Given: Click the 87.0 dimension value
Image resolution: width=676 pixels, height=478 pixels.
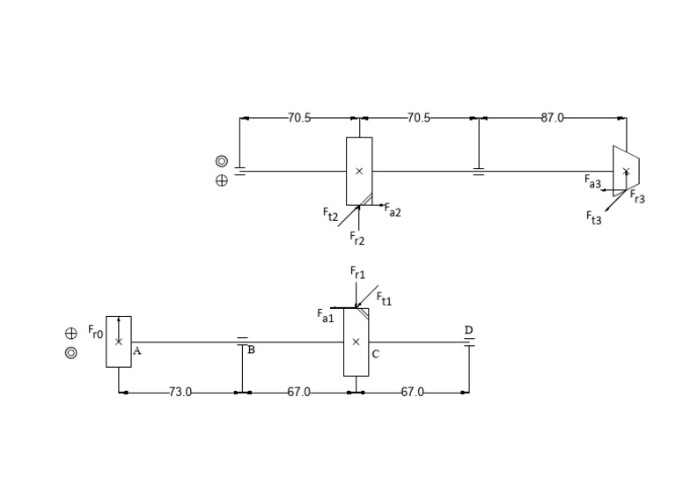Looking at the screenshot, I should [x=552, y=118].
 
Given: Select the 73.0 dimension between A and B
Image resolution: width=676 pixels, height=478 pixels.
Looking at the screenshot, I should [x=180, y=392].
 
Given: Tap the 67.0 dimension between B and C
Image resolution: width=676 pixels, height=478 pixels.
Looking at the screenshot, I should [x=298, y=392].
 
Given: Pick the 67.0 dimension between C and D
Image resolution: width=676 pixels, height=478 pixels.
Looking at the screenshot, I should [x=412, y=392].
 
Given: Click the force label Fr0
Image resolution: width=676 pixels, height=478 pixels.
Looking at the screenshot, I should [x=95, y=334].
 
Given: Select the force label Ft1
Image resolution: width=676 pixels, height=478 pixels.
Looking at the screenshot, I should [x=385, y=299].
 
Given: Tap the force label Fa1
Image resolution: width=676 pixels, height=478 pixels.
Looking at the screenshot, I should [x=326, y=315].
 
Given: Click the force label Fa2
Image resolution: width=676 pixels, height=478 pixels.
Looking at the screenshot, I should [x=393, y=211].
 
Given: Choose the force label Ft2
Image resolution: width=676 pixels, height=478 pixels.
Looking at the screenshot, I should [x=330, y=214].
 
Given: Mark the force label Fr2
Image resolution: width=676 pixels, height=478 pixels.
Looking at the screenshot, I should [x=357, y=238].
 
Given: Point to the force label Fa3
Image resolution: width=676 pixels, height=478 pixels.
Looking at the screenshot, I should [x=593, y=181].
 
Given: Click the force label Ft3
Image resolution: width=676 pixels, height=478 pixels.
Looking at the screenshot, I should [x=595, y=218].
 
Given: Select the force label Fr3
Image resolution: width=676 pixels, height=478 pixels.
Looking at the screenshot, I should [x=637, y=198].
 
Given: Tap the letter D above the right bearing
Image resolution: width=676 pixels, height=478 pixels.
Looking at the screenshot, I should [x=468, y=330].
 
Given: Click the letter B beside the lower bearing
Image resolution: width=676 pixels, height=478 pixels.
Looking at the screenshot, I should [x=251, y=350].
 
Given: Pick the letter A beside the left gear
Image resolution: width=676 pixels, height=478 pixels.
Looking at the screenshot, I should [x=137, y=350].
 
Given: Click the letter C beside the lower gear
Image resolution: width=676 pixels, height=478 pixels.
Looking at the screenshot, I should [x=376, y=354].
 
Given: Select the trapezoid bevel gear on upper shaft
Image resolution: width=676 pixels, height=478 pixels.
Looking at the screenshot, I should [x=626, y=171].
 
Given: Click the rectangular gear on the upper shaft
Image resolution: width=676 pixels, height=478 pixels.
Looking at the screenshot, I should [x=359, y=171].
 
